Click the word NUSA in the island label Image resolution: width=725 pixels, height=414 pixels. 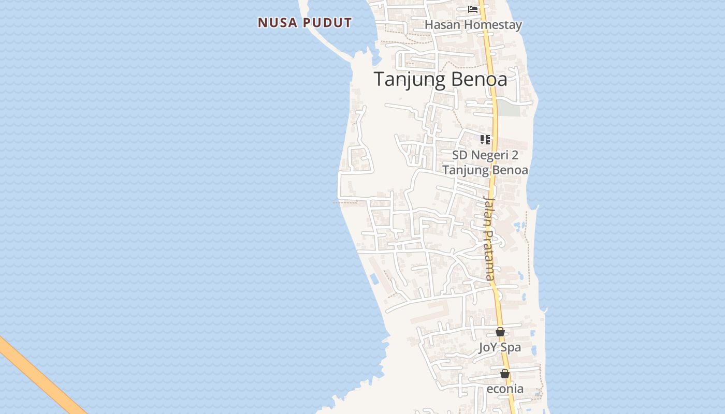click(278, 23)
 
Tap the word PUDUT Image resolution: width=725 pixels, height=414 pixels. click(327, 23)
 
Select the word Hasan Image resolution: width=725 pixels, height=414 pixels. click(443, 25)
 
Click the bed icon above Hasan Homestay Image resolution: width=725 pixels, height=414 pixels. click(472, 9)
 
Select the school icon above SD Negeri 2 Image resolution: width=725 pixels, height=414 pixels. click(485, 139)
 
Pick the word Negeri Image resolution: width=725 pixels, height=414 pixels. click(490, 155)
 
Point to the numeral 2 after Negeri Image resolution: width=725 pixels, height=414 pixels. click(514, 155)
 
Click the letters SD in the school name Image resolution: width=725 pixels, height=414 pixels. click(459, 155)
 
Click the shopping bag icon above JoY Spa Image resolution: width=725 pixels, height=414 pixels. click(500, 332)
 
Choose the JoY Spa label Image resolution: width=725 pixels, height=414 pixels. click(500, 348)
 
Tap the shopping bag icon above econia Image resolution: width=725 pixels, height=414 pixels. click(505, 374)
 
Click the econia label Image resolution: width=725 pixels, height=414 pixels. click(505, 389)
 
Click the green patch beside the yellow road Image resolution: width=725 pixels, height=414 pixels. click(509, 110)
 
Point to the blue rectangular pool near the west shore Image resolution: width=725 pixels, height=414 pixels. click(374, 279)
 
